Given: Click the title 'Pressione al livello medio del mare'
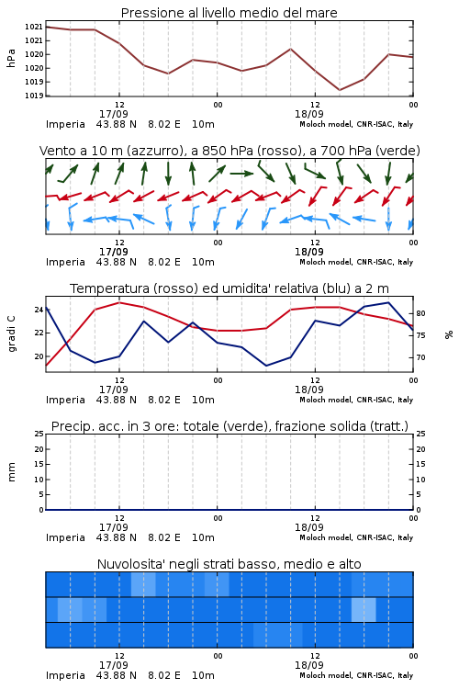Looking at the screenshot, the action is [x=229, y=13].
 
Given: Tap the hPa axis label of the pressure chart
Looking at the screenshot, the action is [x=11, y=58].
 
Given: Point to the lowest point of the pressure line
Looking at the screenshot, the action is [x=340, y=90].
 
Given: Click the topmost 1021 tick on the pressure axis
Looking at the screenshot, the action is [x=33, y=27].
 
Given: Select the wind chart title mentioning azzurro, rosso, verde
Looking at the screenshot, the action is [x=229, y=151].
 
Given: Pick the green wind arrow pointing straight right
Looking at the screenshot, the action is [x=241, y=174].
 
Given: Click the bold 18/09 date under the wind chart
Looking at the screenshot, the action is [x=308, y=252].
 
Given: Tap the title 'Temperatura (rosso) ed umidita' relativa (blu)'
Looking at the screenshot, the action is [x=229, y=288].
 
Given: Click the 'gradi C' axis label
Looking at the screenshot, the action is [x=11, y=333].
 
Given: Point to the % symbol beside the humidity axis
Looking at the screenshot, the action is [x=449, y=334].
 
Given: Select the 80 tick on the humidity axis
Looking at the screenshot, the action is [x=420, y=313].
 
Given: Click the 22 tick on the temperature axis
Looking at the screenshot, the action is [x=39, y=333].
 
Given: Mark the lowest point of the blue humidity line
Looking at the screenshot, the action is [x=266, y=366].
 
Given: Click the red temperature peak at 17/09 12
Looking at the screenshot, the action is [x=119, y=302].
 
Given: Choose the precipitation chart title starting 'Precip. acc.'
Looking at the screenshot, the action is [x=229, y=426].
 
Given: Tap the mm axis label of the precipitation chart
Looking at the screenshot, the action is [x=11, y=471].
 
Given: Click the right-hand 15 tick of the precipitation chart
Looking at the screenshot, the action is [x=420, y=464].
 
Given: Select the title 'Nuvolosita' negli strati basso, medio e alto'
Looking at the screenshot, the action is [x=229, y=564].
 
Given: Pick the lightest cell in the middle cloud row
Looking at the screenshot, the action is [x=364, y=609].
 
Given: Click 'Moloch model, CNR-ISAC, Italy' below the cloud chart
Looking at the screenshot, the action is [x=356, y=675].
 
